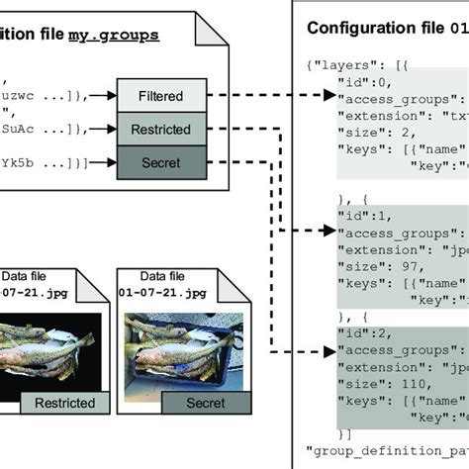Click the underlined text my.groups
click(x=113, y=35)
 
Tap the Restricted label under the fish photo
click(x=64, y=403)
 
